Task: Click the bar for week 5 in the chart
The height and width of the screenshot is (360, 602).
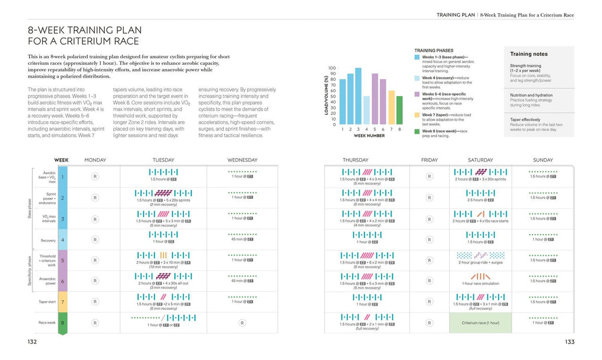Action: pos(375,99)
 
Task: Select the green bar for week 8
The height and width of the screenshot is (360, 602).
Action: pos(400,110)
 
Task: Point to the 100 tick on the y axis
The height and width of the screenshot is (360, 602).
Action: pos(332,68)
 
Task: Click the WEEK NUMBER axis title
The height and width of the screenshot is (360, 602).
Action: pos(369,136)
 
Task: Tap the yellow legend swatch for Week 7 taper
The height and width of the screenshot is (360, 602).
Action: pos(417,115)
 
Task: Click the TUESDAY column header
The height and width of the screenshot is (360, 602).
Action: pos(163,160)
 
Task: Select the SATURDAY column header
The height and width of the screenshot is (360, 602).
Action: pos(480,160)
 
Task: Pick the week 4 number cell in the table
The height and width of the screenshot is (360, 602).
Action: pos(63,240)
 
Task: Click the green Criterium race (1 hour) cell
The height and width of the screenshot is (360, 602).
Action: pos(480,323)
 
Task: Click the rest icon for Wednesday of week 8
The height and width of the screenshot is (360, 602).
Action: pos(242,323)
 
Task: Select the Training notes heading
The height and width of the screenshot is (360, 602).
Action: pos(529,54)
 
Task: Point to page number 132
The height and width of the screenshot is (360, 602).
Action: pos(32,342)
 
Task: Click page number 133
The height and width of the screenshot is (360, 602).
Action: pos(569,342)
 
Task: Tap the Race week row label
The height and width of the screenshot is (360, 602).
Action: pos(46,323)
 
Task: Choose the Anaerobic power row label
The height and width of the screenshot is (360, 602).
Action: pos(46,281)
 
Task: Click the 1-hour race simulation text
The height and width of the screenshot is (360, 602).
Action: pos(480,284)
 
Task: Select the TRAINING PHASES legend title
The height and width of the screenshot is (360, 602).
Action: pos(433,51)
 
